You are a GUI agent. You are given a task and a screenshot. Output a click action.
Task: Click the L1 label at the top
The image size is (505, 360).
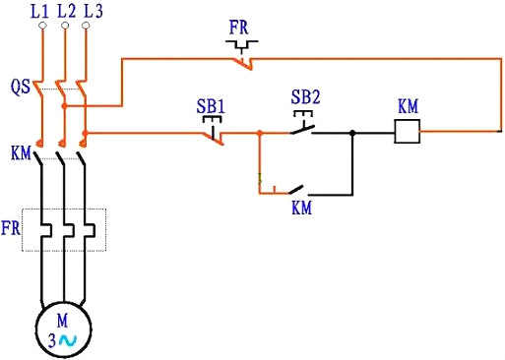pyautogui.click(x=40, y=12)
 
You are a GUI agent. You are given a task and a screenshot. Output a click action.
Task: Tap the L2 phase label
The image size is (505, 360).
pyautogui.click(x=66, y=12)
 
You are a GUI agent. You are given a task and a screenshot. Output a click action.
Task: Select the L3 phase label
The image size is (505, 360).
pyautogui.click(x=92, y=12)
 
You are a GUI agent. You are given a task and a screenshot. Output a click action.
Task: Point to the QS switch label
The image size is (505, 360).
pyautogui.click(x=20, y=87)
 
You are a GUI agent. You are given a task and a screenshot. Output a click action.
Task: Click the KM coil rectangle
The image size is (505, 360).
pyautogui.click(x=408, y=132)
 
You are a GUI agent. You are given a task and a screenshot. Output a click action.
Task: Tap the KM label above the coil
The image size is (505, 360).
pyautogui.click(x=408, y=105)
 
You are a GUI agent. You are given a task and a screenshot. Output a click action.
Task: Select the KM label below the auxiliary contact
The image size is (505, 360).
pyautogui.click(x=302, y=209)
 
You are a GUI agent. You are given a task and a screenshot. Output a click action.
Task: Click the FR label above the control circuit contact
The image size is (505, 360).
pyautogui.click(x=239, y=27)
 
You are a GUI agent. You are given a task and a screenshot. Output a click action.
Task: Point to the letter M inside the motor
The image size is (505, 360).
pyautogui.click(x=63, y=321)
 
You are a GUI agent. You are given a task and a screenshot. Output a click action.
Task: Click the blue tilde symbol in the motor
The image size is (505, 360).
pyautogui.click(x=68, y=339)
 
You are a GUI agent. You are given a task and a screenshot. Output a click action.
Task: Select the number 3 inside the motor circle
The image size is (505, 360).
pyautogui.click(x=52, y=339)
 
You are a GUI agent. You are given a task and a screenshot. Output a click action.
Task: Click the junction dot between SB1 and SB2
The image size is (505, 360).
pyautogui.click(x=259, y=132)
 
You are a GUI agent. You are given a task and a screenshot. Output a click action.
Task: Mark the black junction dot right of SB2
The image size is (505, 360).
pyautogui.click(x=352, y=132)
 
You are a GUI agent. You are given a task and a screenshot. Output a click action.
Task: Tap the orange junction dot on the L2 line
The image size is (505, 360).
pyautogui.click(x=64, y=105)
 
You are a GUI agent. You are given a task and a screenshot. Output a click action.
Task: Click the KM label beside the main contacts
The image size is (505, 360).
pyautogui.click(x=20, y=153)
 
